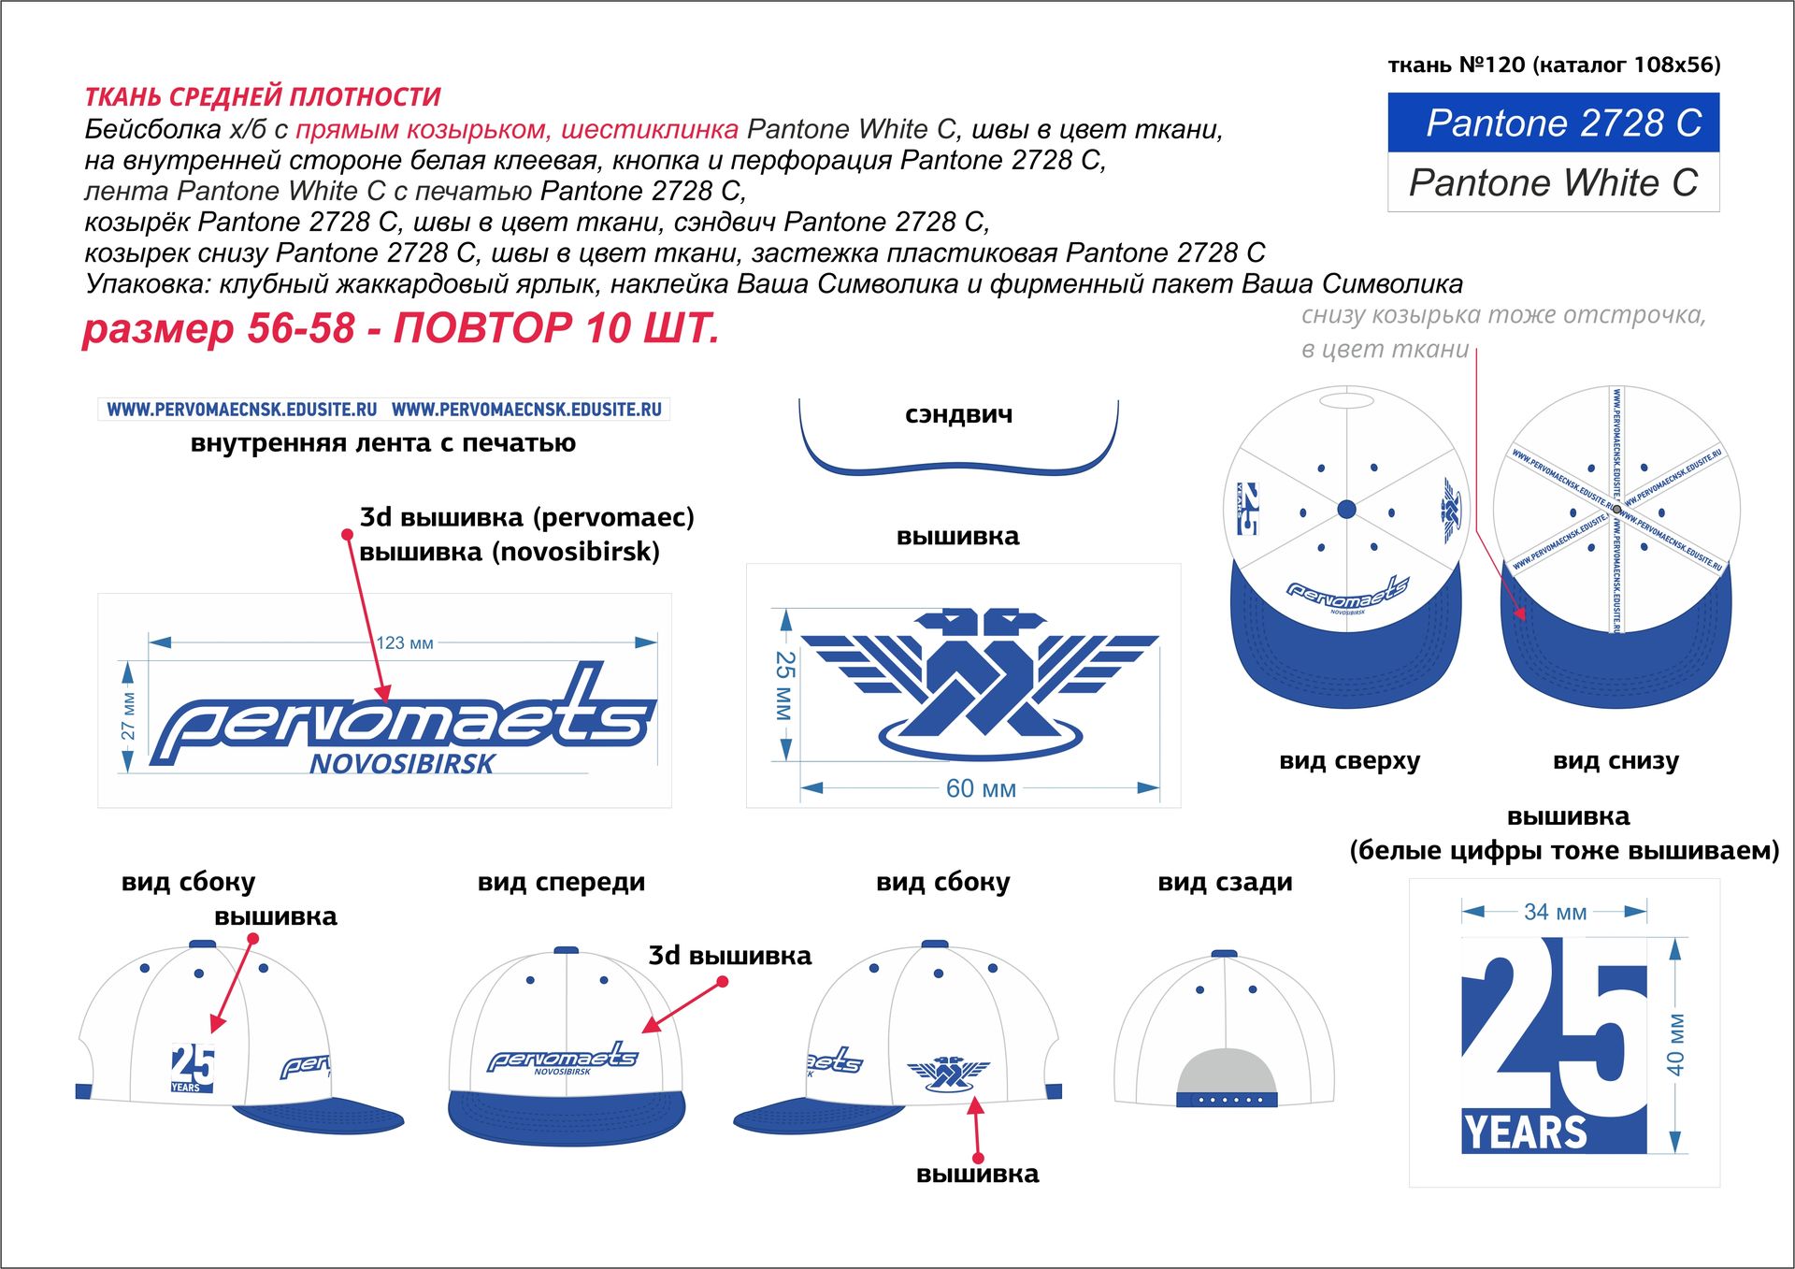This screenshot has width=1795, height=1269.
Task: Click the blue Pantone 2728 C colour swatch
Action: tap(1553, 123)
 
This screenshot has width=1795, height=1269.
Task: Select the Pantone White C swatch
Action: tap(1553, 182)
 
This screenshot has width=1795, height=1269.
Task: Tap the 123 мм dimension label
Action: tap(404, 643)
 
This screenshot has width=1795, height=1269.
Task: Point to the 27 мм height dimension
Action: tap(128, 715)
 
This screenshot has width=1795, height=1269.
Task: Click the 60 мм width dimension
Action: tap(980, 788)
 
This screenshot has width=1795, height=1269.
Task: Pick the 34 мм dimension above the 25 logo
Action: tap(1555, 912)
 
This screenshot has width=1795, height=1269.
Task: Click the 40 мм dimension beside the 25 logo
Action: tap(1675, 1044)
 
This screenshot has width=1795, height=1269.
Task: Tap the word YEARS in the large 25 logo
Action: tap(1525, 1132)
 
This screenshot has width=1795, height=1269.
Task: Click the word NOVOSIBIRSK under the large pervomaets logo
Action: tap(402, 764)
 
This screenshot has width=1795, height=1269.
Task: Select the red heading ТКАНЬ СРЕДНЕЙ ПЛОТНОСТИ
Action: tap(263, 96)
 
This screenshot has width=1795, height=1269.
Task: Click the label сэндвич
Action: tap(958, 414)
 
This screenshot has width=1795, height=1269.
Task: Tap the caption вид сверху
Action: tap(1349, 760)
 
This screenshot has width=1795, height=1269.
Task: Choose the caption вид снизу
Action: tap(1615, 760)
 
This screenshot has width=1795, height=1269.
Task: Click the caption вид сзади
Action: tap(1225, 882)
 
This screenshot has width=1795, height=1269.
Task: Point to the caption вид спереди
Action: tap(561, 882)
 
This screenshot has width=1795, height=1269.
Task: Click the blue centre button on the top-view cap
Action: tap(1346, 509)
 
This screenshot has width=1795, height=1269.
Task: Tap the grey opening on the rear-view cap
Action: tap(1226, 1072)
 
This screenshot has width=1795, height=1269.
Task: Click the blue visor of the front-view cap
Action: tap(566, 1117)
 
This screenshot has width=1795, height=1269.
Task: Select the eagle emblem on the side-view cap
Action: tap(948, 1073)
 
